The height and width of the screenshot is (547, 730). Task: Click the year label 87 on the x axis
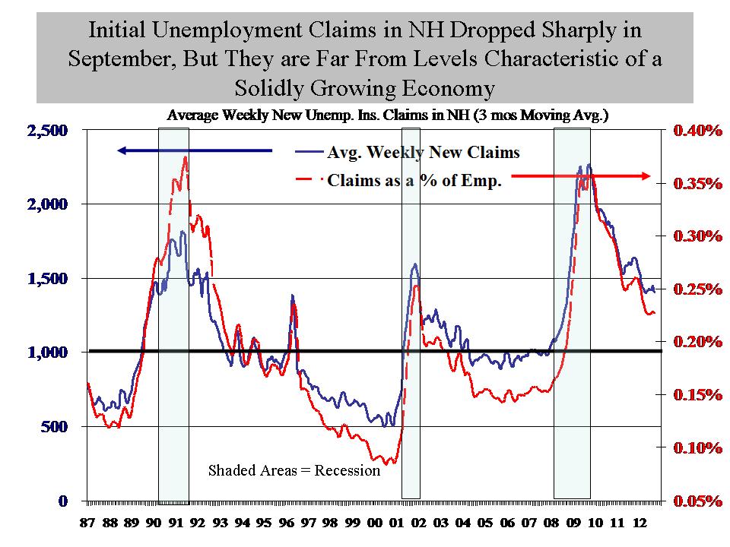point(89,524)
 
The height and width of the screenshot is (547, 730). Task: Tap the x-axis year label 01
point(397,524)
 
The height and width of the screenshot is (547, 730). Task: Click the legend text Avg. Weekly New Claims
point(424,153)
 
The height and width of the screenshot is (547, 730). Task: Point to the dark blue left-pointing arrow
point(194,150)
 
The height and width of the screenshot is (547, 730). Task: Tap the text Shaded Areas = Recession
point(294,470)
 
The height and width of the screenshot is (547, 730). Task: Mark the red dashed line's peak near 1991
point(185,158)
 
